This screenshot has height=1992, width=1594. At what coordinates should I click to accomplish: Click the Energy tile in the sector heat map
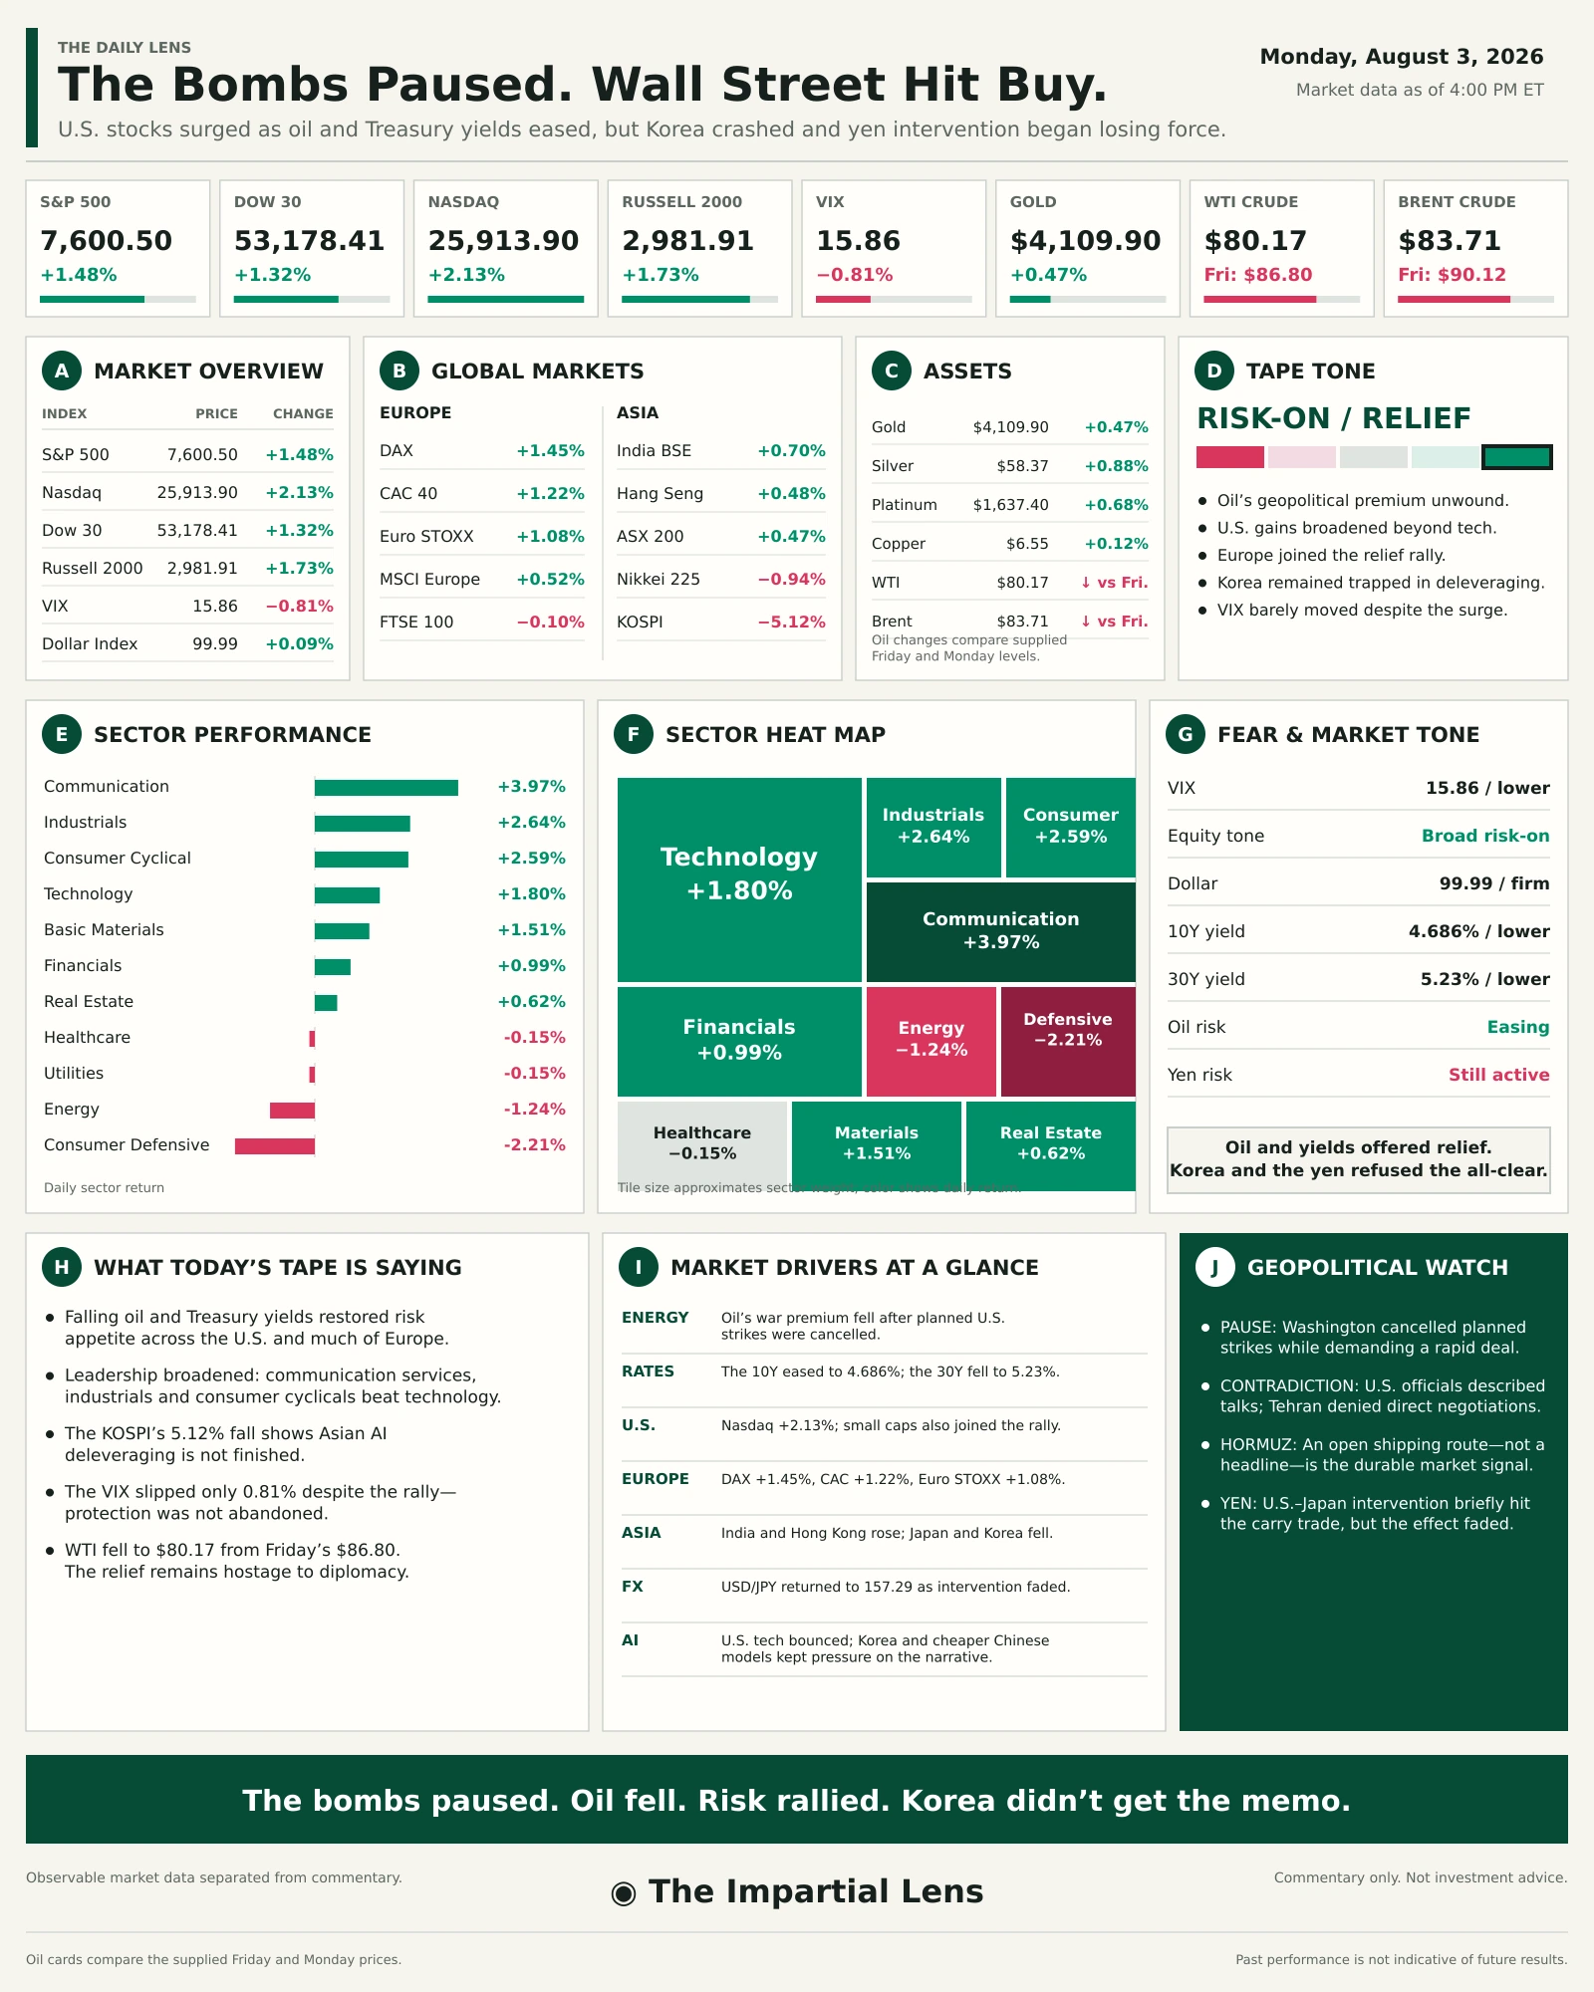point(931,1041)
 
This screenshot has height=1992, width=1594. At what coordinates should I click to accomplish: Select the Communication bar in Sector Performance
point(387,788)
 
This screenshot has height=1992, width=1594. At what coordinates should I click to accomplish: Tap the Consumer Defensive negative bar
point(275,1146)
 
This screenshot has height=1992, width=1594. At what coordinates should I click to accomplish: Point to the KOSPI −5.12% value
point(792,622)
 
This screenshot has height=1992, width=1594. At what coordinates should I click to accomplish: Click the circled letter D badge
point(1214,371)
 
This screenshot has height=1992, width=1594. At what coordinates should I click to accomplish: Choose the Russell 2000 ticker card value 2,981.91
point(688,241)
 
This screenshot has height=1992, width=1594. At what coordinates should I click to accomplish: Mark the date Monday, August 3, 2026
point(1402,57)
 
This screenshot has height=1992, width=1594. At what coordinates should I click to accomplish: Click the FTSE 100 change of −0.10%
point(551,622)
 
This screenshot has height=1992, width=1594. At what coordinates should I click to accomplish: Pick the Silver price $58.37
point(1022,466)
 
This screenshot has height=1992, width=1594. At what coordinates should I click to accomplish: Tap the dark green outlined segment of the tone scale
point(1517,457)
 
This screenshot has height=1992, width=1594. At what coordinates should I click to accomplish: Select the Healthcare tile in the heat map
point(702,1143)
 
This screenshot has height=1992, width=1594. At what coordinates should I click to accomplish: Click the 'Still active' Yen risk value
point(1499,1075)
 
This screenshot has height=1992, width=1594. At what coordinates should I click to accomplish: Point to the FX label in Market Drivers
point(633,1587)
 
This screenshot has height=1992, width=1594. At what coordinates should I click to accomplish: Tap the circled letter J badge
point(1214,1267)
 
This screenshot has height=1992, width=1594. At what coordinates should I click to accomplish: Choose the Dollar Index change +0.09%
point(299,643)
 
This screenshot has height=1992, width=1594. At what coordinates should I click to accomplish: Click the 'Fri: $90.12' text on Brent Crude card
point(1452,275)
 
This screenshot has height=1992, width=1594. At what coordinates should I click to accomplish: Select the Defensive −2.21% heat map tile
point(1068,1041)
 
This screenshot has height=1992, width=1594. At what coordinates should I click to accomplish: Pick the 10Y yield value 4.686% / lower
point(1479,931)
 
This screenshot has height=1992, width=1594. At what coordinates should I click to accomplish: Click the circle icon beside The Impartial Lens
point(624,1893)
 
